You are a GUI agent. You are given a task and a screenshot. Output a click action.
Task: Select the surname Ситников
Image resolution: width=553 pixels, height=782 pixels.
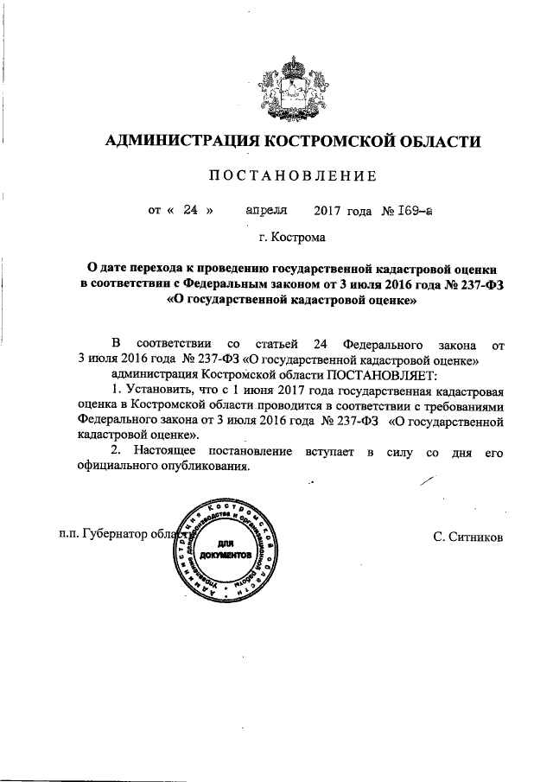click(x=473, y=536)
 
